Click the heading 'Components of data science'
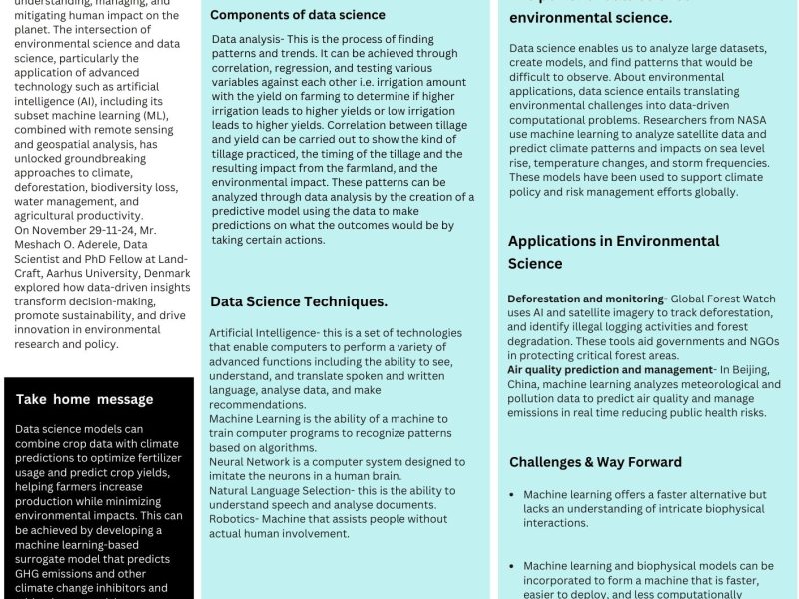(x=297, y=15)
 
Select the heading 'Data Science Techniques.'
(x=298, y=301)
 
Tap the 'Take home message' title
(x=84, y=399)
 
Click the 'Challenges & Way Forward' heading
(x=595, y=462)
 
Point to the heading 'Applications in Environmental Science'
(x=613, y=252)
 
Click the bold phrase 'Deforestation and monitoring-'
(x=587, y=299)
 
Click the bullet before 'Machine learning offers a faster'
(x=512, y=494)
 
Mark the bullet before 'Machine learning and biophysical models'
(x=512, y=566)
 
